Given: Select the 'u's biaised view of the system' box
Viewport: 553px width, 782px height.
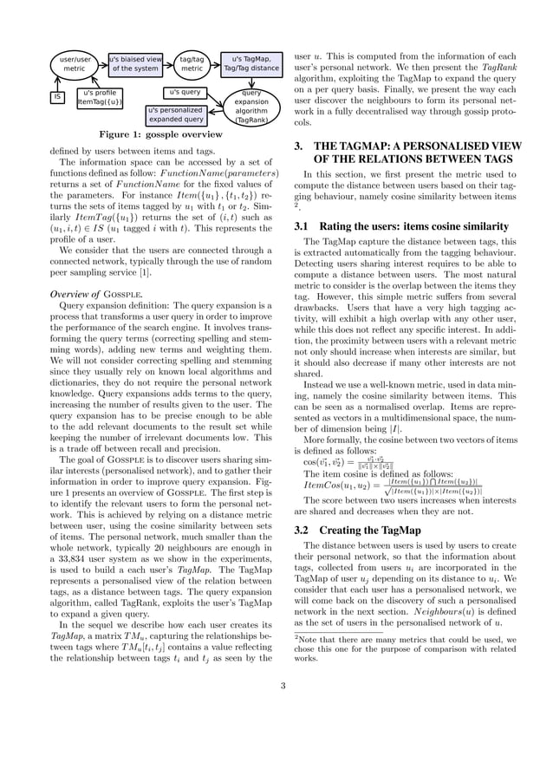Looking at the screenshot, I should [x=135, y=63].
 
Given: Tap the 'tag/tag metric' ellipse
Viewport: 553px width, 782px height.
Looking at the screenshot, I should [x=192, y=63].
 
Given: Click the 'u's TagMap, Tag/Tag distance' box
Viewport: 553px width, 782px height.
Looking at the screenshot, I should [x=251, y=63].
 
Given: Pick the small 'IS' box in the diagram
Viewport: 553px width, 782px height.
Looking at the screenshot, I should [x=58, y=98].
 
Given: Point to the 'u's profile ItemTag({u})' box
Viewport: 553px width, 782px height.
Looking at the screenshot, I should [x=100, y=97].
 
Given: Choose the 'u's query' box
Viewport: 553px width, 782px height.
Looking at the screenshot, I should [x=185, y=92].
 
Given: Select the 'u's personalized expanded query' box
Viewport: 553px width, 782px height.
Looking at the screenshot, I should [x=175, y=115].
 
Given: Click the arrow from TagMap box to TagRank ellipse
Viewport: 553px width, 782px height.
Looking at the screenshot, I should [x=251, y=81].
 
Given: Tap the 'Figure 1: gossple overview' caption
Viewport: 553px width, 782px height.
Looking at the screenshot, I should [x=160, y=135].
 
